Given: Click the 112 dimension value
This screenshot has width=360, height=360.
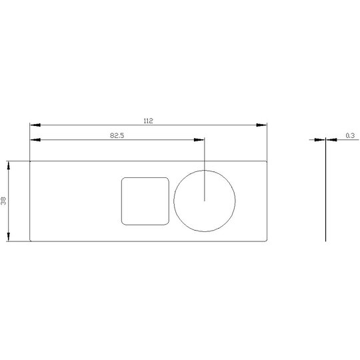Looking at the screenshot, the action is pyautogui.click(x=148, y=121).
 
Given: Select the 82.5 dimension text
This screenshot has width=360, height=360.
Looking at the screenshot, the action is pyautogui.click(x=117, y=135).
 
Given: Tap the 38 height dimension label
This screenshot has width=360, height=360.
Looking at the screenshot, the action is pyautogui.click(x=3, y=201).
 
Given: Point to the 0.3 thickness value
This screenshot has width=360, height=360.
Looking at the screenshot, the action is pyautogui.click(x=350, y=135).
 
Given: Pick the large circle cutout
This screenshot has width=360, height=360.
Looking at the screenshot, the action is pyautogui.click(x=174, y=201).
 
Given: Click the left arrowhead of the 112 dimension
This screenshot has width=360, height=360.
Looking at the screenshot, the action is pyautogui.click(x=35, y=125).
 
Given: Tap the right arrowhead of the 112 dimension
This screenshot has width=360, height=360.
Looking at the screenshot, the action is pyautogui.click(x=261, y=125).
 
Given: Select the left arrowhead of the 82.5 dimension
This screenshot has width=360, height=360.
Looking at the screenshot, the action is pyautogui.click(x=35, y=140).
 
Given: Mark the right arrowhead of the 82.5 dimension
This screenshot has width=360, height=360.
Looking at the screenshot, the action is pyautogui.click(x=199, y=140).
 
